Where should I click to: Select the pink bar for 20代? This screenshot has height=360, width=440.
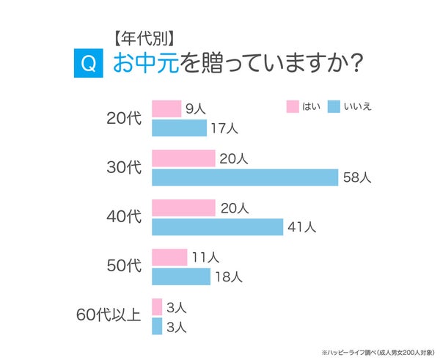point(166,109)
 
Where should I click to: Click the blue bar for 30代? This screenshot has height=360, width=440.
point(245,177)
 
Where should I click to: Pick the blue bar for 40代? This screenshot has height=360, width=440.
point(217,227)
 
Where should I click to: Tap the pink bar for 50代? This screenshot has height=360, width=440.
point(169,257)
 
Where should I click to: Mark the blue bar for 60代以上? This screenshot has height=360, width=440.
point(157,326)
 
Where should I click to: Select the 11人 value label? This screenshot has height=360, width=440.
point(205,257)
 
